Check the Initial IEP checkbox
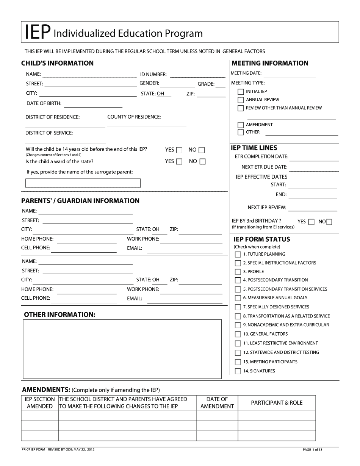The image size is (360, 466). [x=241, y=92]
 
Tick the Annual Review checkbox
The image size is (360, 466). [x=241, y=100]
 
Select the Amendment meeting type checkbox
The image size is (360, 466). [x=241, y=125]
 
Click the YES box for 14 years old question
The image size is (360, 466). [x=179, y=150]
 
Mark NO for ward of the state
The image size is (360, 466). [x=202, y=162]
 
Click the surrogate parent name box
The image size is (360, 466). [x=83, y=183]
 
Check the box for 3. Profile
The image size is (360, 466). [x=238, y=272]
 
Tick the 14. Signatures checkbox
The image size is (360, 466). [x=238, y=372]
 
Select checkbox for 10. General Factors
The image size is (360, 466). [x=238, y=335]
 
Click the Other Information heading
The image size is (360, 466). [x=59, y=315]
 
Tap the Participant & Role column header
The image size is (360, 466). [x=277, y=403]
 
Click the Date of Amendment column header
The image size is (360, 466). [x=217, y=403]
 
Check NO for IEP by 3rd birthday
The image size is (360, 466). [x=329, y=222]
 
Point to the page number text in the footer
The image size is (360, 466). [x=313, y=450]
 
